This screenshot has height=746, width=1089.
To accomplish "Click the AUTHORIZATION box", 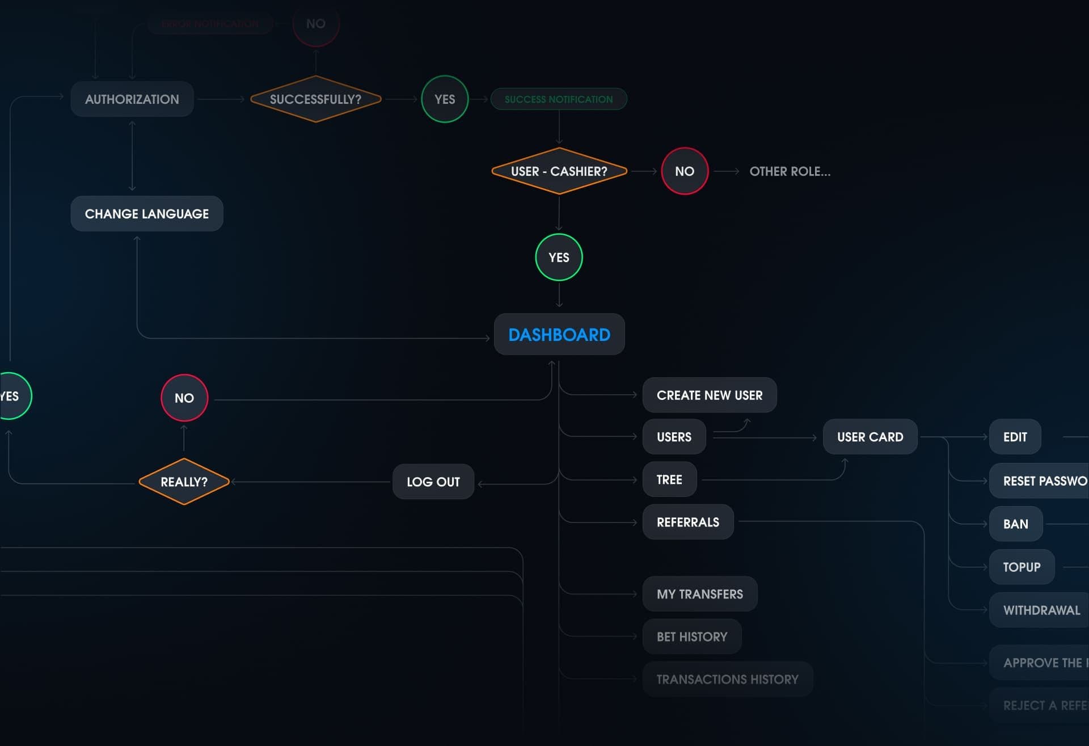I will (132, 99).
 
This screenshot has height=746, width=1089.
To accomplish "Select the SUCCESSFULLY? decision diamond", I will (315, 99).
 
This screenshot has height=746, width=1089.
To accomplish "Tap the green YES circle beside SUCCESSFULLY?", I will (445, 99).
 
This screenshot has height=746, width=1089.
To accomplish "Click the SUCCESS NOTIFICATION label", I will (559, 99).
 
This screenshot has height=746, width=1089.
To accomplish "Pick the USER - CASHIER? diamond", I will (559, 171).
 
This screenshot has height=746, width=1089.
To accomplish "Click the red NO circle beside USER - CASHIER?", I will (685, 171).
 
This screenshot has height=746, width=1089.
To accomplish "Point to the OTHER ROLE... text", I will (790, 171).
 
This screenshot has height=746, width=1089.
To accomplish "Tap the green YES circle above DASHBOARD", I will (559, 258).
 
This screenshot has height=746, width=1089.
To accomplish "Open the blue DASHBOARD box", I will (559, 335).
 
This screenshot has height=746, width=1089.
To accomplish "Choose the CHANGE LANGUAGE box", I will (147, 214).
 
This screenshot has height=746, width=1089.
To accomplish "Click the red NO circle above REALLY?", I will (184, 398).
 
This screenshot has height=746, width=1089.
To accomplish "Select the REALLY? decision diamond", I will (184, 482).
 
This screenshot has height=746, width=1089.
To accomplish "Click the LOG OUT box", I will (433, 482).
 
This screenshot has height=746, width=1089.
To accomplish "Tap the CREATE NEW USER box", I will (710, 395).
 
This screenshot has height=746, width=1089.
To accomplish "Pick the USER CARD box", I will (870, 437).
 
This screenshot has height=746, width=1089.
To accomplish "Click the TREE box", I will (669, 480).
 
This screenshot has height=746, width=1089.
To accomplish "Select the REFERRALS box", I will (688, 522).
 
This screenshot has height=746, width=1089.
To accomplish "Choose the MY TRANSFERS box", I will (700, 594).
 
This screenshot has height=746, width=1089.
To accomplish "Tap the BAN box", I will (1016, 524).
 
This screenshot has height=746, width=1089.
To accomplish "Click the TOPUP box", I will (1022, 567).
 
